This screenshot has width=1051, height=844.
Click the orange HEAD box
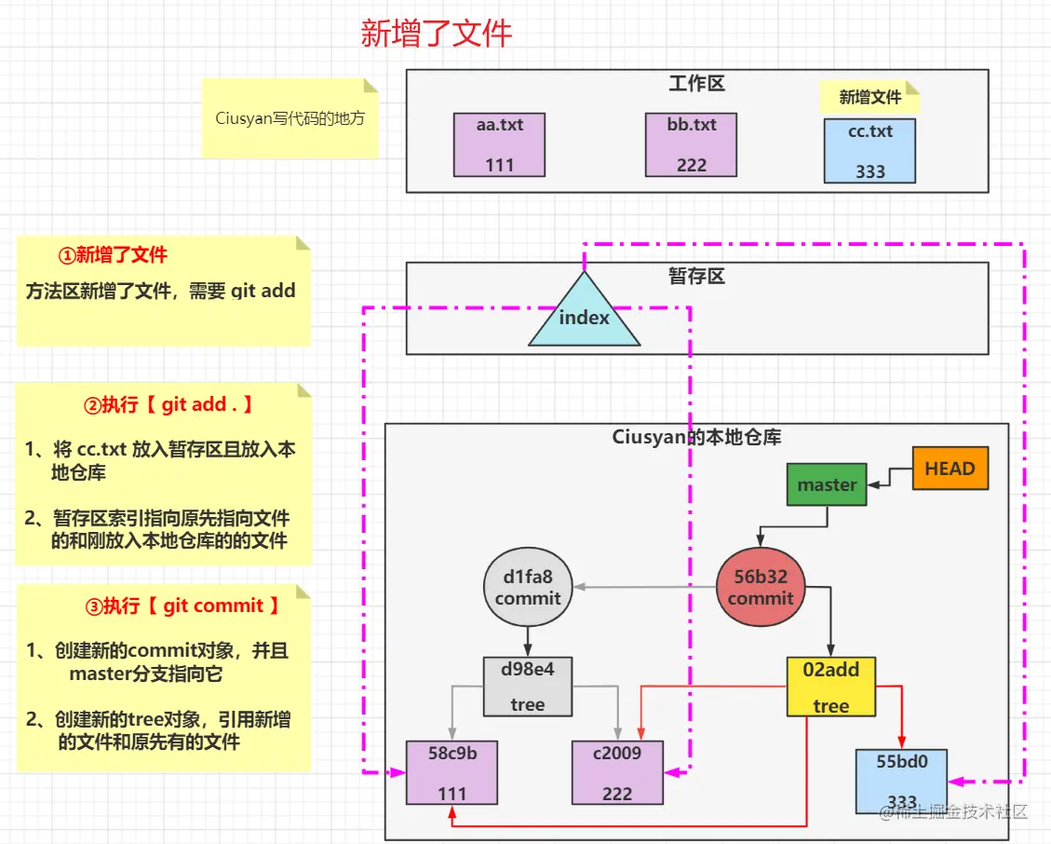tap(950, 469)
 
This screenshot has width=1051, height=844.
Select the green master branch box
tap(827, 484)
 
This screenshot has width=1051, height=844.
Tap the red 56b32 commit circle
tap(761, 588)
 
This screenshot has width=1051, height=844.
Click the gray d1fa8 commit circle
tap(528, 588)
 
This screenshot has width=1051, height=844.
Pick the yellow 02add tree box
tap(830, 687)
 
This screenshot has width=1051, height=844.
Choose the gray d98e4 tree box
tap(527, 687)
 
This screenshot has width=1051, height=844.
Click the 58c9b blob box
tap(451, 772)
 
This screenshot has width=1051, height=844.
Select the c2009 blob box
tap(617, 772)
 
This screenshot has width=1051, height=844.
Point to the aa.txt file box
tap(499, 144)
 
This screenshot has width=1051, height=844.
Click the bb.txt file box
tap(692, 144)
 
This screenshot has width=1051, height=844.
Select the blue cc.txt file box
tap(869, 150)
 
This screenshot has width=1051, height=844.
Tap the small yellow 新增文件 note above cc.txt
tap(869, 97)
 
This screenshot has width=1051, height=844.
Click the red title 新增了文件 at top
tap(437, 34)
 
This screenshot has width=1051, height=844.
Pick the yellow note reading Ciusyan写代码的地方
tap(290, 118)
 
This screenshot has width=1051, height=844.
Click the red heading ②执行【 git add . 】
tap(168, 405)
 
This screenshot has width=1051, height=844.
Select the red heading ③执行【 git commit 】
tap(182, 606)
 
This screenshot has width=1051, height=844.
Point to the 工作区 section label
tap(696, 84)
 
